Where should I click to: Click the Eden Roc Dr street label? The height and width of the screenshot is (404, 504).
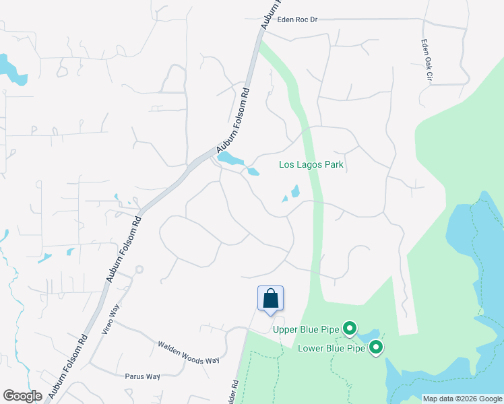(294, 20)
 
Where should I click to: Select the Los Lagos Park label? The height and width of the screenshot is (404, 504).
(311, 164)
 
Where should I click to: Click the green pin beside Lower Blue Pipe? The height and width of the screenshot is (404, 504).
(376, 347)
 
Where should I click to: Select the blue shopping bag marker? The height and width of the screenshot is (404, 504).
(270, 298)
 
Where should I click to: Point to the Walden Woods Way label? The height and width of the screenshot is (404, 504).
(189, 352)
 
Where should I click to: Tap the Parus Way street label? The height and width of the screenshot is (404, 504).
(142, 376)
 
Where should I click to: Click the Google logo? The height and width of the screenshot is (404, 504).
(22, 396)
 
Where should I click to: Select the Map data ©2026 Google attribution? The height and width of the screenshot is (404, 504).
(462, 399)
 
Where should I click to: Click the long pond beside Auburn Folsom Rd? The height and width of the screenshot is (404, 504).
(230, 159)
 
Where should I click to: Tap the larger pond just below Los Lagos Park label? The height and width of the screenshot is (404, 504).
(295, 191)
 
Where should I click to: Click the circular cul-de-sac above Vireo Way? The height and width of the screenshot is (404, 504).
(139, 269)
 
